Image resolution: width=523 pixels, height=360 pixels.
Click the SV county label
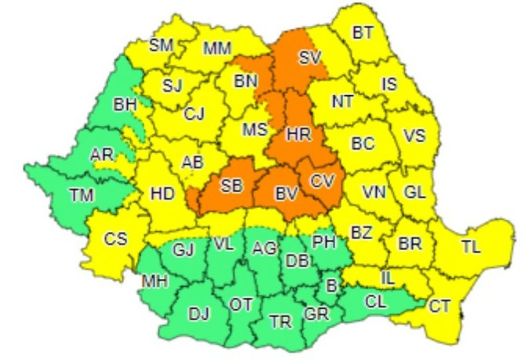(x=310, y=57)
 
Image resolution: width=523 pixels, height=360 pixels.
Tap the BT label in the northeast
(x=362, y=33)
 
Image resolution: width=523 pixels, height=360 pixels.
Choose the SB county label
(x=231, y=185)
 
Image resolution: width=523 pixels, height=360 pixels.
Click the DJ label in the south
(x=199, y=314)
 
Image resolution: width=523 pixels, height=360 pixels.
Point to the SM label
(x=161, y=45)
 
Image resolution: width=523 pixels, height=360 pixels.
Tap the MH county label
(x=155, y=282)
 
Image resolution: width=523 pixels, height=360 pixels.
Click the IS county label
(x=389, y=83)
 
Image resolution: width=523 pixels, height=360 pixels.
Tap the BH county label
(x=125, y=105)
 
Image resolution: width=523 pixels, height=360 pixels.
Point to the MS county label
(x=255, y=129)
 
